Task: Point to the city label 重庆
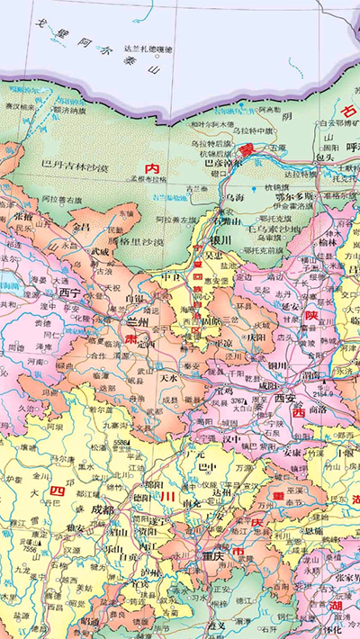tap(214, 555)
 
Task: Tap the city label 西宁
tap(70, 292)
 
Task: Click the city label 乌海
tap(235, 196)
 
